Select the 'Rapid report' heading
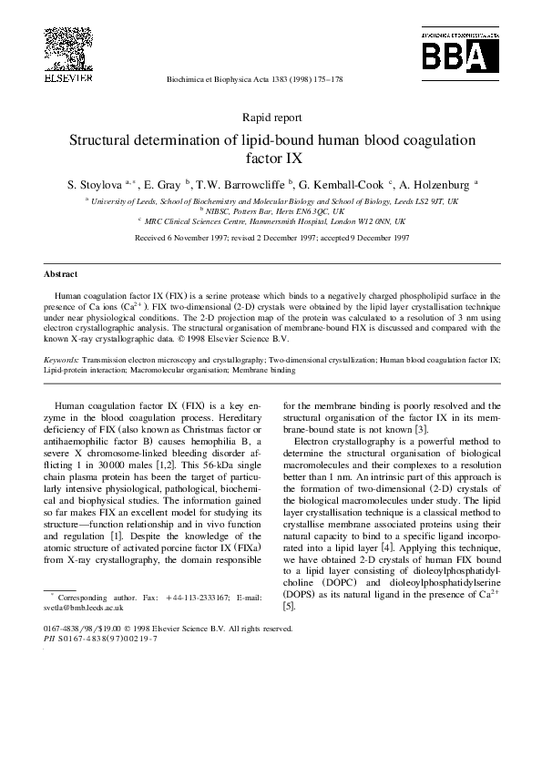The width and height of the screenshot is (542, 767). tap(271, 118)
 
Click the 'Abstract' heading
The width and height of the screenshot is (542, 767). tap(60, 274)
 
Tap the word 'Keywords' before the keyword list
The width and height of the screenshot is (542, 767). tap(60, 361)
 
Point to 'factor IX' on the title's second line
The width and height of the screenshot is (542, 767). tap(271, 159)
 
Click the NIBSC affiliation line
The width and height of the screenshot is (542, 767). tap(271, 210)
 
